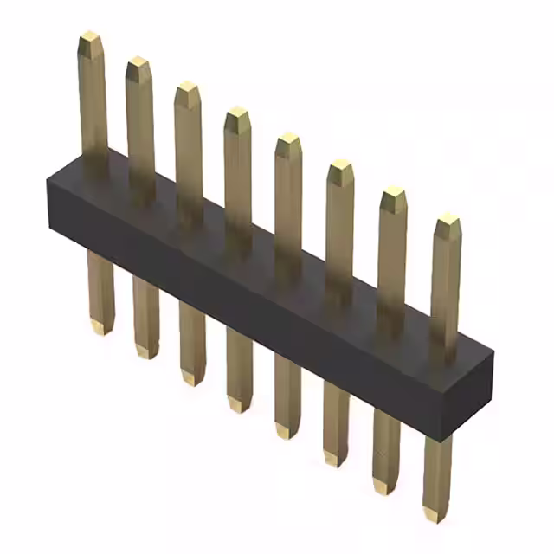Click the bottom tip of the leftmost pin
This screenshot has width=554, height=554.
pyautogui.click(x=100, y=329)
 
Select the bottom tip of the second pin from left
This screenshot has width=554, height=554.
pyautogui.click(x=146, y=353)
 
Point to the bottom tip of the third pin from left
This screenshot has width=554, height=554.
pyautogui.click(x=192, y=380)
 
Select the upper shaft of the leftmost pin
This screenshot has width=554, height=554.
pyautogui.click(x=93, y=104)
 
